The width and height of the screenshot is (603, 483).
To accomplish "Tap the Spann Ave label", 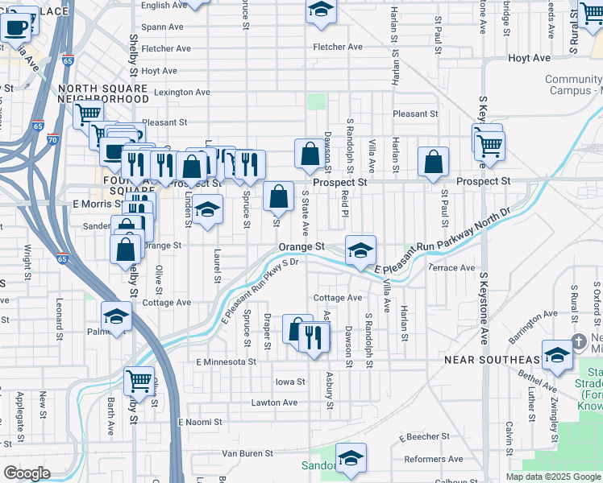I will [x=159, y=27].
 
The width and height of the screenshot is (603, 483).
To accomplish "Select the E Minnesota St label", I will [x=226, y=362].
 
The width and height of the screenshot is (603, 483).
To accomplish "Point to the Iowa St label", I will [x=290, y=382].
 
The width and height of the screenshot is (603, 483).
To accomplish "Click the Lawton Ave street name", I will [x=274, y=402].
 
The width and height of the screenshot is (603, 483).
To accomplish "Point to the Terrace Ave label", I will [x=451, y=267].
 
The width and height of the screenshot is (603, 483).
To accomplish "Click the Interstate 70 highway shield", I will [x=54, y=139].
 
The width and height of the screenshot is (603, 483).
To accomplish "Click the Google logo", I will [x=27, y=473].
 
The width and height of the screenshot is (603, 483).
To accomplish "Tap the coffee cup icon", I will [x=16, y=26].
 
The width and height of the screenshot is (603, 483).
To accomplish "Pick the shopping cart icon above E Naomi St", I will [x=139, y=378].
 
